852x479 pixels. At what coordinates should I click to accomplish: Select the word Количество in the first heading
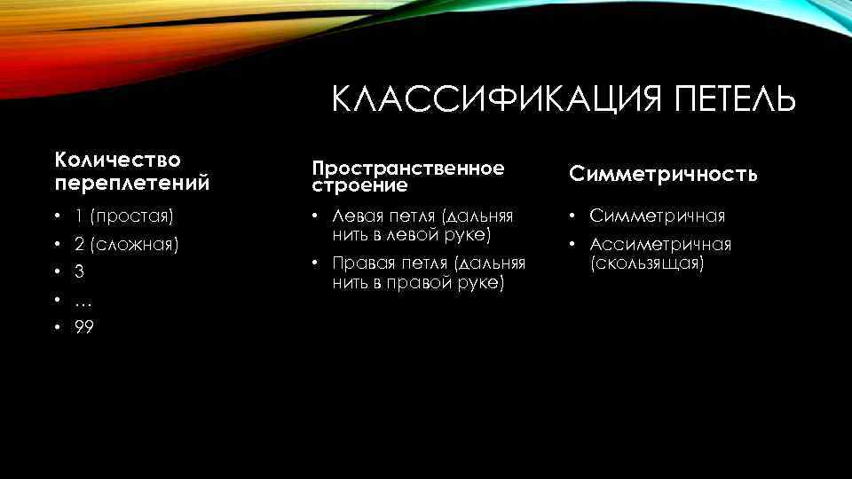[x=117, y=160]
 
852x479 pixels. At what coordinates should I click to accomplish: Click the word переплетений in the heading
[x=132, y=184]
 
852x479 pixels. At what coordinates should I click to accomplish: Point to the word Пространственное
[x=407, y=168]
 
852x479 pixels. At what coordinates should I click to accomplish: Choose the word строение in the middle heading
[x=359, y=186]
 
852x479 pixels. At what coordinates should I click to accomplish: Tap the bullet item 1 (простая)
[x=124, y=216]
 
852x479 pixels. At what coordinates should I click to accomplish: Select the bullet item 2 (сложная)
[x=127, y=243]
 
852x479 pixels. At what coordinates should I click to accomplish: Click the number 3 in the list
[x=79, y=271]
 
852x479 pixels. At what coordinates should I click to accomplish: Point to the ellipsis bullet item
[x=83, y=302]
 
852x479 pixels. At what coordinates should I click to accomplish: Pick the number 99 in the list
[x=84, y=328]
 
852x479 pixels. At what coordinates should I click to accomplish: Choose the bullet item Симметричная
[x=657, y=216]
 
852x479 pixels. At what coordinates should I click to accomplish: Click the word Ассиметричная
[x=660, y=244]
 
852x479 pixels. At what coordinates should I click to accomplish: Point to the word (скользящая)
[x=647, y=263]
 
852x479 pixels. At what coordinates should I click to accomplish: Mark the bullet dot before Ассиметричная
[x=575, y=245]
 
